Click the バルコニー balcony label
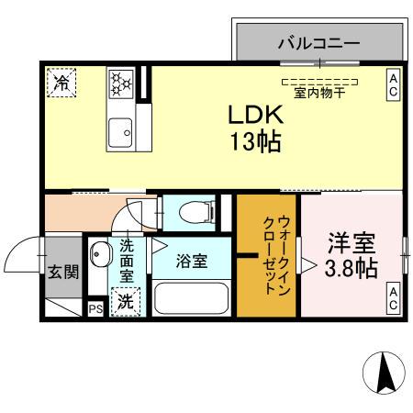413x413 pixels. (318, 42)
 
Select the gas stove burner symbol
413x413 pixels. (121, 84)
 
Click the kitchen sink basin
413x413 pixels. (120, 136)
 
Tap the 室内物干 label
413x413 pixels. (319, 93)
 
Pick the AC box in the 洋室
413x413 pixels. (393, 297)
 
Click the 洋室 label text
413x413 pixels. (352, 245)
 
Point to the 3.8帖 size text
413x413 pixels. (352, 269)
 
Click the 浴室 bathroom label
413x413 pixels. (192, 261)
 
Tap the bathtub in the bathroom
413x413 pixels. (192, 299)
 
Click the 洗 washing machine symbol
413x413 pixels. (123, 301)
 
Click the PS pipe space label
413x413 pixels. (95, 309)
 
